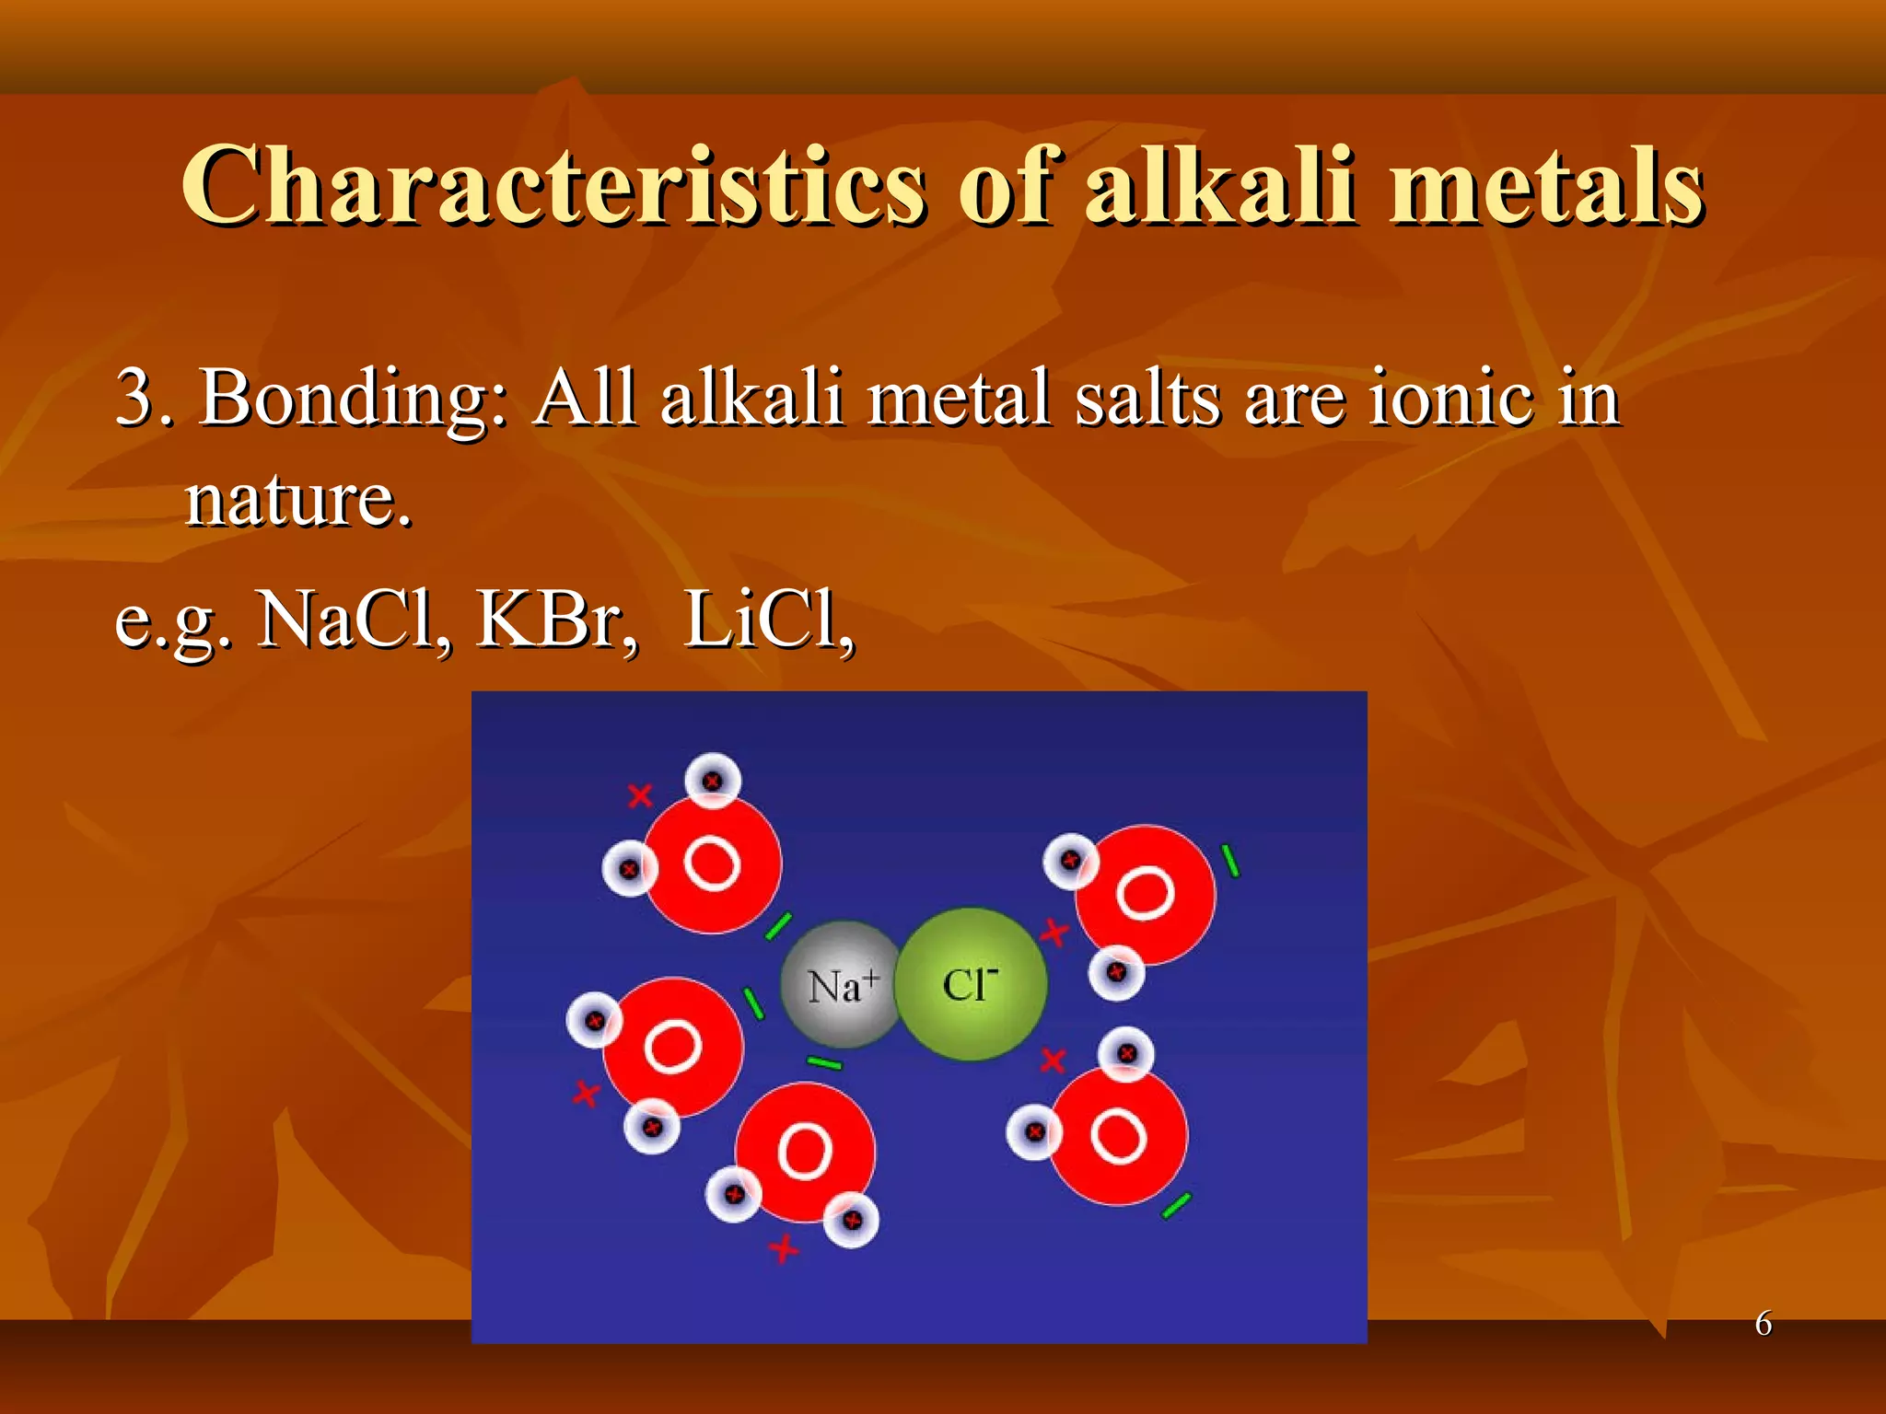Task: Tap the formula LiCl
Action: [768, 619]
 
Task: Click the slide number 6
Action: [1763, 1323]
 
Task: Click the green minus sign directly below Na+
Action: [824, 1064]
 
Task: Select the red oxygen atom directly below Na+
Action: [804, 1151]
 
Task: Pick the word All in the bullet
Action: [586, 398]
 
